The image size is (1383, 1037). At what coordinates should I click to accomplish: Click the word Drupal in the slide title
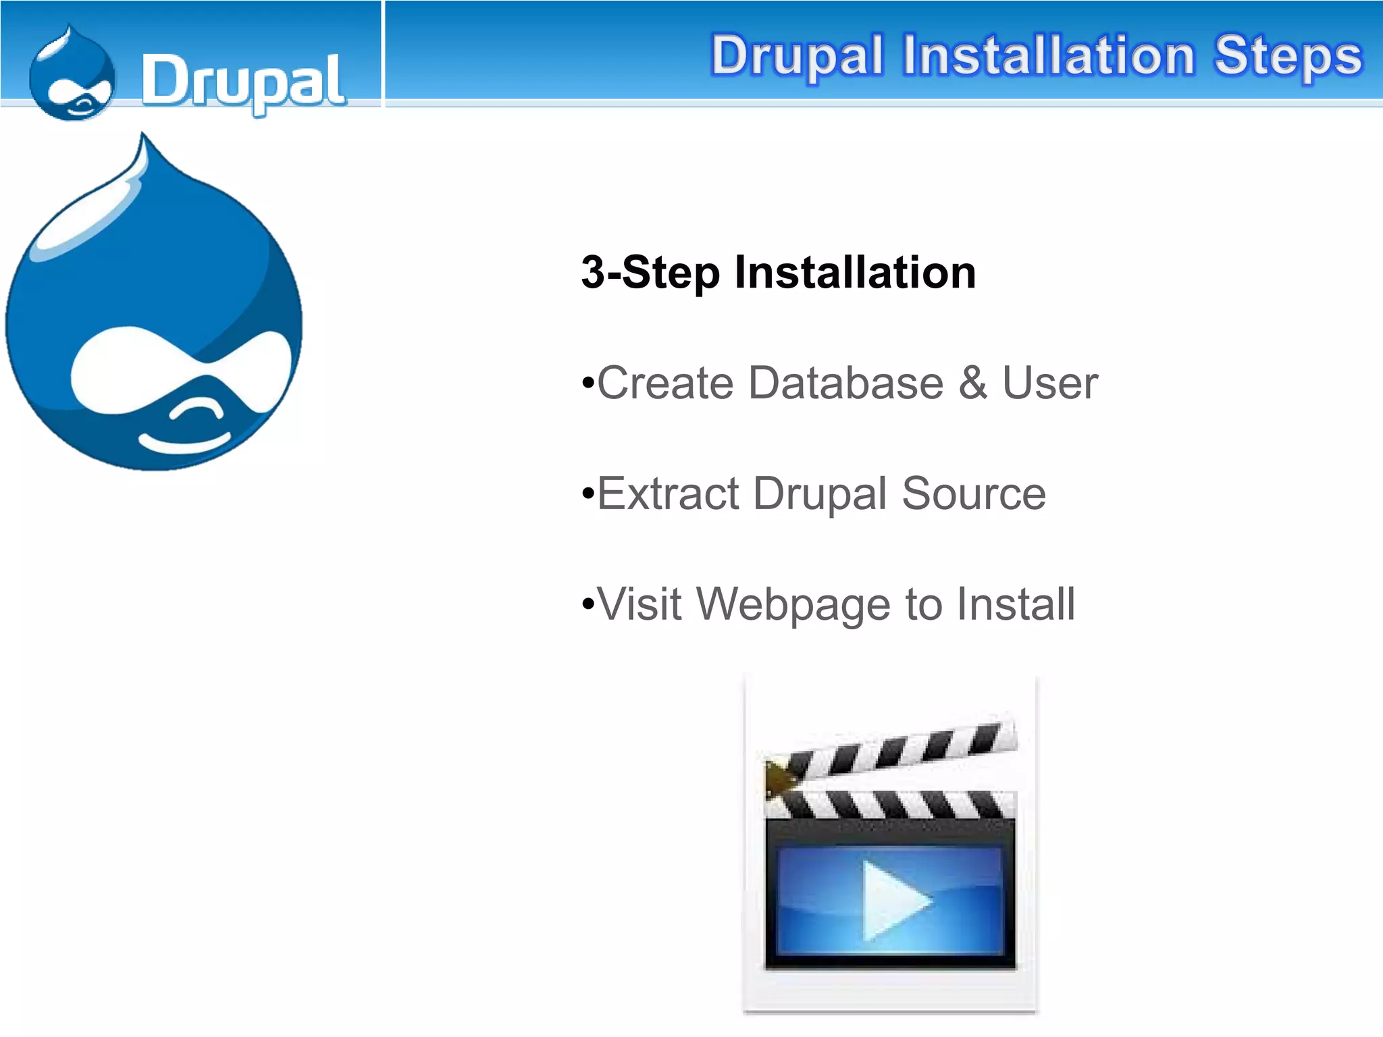click(797, 57)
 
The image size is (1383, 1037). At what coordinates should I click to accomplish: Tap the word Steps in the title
click(1288, 57)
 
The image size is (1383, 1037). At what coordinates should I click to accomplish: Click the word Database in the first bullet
click(846, 383)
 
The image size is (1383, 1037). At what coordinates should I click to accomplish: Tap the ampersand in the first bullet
click(972, 383)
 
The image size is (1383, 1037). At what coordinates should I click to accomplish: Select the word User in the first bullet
click(1050, 383)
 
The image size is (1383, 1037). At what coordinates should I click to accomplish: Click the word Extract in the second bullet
click(669, 494)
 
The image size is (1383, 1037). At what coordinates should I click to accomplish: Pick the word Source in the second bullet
click(974, 494)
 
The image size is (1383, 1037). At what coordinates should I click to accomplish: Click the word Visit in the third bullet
click(640, 604)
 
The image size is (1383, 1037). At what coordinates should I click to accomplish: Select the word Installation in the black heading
click(855, 273)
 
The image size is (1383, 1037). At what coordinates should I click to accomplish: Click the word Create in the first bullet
click(665, 383)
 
